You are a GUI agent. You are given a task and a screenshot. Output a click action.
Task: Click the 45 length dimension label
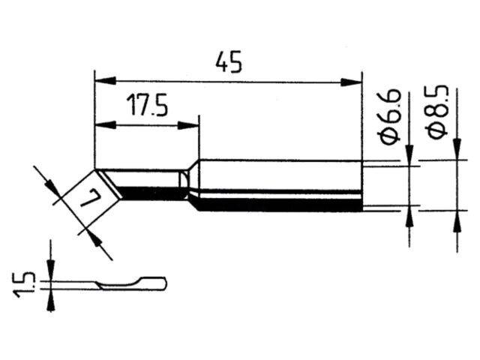229,62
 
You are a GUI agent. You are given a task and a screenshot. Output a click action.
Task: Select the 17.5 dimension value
147,105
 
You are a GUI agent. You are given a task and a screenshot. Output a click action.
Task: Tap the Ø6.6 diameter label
390,117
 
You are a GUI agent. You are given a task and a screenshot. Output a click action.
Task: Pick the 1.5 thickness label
24,284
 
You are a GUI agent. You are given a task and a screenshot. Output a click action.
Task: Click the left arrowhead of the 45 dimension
106,81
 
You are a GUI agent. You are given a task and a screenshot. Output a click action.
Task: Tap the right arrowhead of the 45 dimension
351,82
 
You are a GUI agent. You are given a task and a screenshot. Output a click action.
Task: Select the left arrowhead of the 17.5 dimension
106,125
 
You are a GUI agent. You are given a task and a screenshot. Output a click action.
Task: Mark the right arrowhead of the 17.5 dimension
188,125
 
